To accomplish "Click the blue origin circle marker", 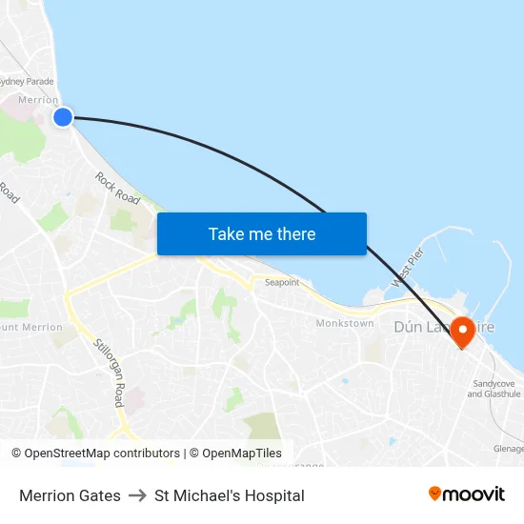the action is click(x=62, y=117).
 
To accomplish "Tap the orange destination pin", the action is click(x=464, y=332).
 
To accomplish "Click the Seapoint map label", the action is click(x=281, y=283).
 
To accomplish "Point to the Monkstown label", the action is click(x=345, y=324).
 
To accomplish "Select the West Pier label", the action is click(x=407, y=269).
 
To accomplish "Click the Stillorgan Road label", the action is click(x=109, y=372).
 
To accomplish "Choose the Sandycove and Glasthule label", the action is click(x=494, y=389).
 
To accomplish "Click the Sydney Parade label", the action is click(x=26, y=81).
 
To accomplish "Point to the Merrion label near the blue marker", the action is click(x=38, y=100).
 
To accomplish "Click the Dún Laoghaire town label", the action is click(x=444, y=327).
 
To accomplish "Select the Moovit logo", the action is click(x=467, y=494).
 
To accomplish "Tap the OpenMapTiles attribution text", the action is click(x=241, y=453).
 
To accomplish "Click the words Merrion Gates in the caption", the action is click(x=70, y=495).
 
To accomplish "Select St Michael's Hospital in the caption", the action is click(x=230, y=495).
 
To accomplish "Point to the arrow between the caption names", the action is click(x=137, y=495).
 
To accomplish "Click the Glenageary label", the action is click(x=508, y=449).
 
